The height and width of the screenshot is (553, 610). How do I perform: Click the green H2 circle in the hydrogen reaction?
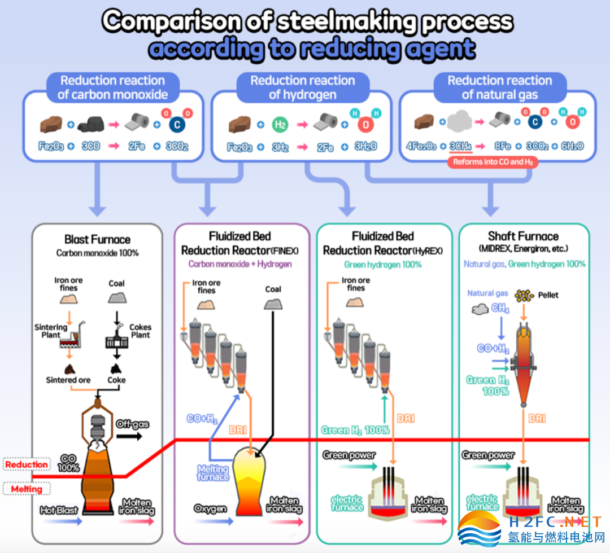[x=280, y=124]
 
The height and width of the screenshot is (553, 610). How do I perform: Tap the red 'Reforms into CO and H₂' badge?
[x=493, y=162]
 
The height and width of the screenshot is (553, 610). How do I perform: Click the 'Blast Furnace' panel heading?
[x=97, y=239]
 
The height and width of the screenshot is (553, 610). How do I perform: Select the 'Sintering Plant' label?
[x=51, y=331]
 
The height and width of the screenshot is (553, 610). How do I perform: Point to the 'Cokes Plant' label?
[x=141, y=331]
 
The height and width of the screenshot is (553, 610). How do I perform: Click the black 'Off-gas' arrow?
[x=129, y=436]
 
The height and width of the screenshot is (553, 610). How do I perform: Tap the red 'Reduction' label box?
[x=27, y=465]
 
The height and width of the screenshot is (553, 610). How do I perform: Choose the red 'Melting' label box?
[x=27, y=489]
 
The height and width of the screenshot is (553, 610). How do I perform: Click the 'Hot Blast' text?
[x=59, y=510]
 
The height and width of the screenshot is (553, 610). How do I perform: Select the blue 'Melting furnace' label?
[x=213, y=472]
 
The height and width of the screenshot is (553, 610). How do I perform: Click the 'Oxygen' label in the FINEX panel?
[x=211, y=508]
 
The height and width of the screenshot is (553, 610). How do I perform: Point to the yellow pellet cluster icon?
[x=524, y=296]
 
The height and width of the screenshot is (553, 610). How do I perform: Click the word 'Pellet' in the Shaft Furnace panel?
[x=548, y=295]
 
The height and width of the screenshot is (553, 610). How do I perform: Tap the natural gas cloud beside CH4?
[x=480, y=309]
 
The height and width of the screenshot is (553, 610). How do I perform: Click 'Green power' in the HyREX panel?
[x=349, y=455]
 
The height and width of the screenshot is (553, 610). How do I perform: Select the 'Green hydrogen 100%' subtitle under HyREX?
[x=383, y=265]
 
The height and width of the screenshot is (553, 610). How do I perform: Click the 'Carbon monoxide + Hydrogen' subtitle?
[x=240, y=264]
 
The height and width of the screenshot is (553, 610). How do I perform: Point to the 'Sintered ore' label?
[x=68, y=380]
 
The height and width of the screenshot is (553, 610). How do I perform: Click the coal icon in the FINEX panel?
[x=273, y=304]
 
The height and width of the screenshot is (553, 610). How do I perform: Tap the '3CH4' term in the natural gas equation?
[x=461, y=146]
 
